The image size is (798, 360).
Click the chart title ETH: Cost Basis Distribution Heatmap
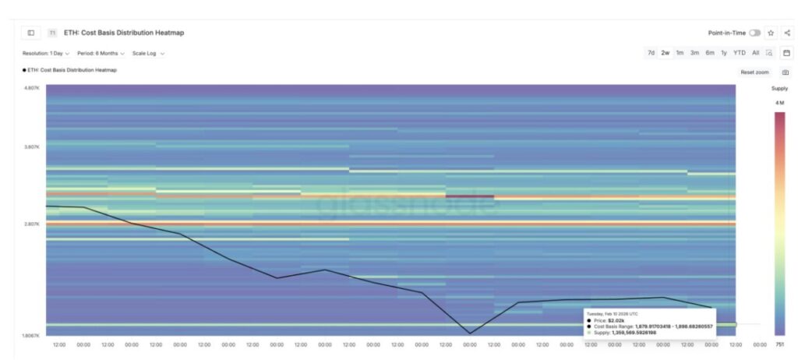tap(124, 33)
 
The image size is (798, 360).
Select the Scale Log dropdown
tap(148, 53)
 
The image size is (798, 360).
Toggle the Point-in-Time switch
tap(754, 33)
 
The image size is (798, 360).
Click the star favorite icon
tap(771, 33)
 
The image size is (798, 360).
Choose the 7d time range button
tap(651, 53)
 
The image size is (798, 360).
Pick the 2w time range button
tap(665, 53)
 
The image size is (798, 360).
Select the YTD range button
tap(739, 53)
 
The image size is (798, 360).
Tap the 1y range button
tap(724, 53)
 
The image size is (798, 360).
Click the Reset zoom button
tap(754, 72)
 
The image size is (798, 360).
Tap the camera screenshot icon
tap(785, 72)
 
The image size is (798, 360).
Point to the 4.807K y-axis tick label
tap(32, 88)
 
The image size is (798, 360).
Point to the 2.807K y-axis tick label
tap(32, 224)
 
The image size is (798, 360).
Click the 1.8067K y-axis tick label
tap(31, 335)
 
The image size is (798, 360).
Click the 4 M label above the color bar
tap(779, 103)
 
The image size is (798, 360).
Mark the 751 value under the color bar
tap(779, 344)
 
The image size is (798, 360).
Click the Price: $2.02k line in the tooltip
tap(610, 320)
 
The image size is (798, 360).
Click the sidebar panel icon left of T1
tap(31, 33)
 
